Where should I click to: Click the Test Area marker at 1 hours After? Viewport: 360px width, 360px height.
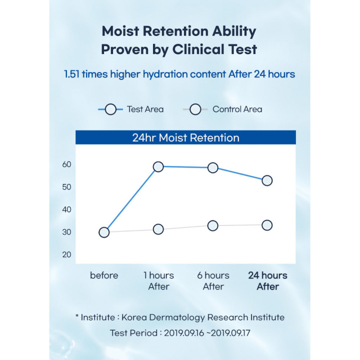click(158, 166)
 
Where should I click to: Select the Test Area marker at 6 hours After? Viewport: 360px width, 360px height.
click(213, 167)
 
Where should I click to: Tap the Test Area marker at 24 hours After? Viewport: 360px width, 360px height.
click(267, 180)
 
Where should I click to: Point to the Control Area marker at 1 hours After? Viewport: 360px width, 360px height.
click(158, 229)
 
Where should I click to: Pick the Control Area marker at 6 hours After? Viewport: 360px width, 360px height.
click(213, 225)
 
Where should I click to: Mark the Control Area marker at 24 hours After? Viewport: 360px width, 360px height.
click(267, 225)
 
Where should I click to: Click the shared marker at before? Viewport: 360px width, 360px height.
click(104, 232)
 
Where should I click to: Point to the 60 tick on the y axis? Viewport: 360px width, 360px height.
click(67, 164)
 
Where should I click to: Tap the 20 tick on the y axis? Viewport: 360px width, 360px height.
click(67, 254)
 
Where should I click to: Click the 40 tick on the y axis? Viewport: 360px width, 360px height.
click(67, 209)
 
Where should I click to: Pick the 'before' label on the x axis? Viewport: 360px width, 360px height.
click(104, 275)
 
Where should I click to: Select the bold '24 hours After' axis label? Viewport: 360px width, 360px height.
click(268, 281)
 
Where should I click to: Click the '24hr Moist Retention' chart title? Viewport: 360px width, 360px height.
click(185, 137)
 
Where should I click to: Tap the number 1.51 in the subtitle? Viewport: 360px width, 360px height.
click(74, 74)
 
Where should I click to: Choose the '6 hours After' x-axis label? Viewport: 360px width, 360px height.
click(213, 281)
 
